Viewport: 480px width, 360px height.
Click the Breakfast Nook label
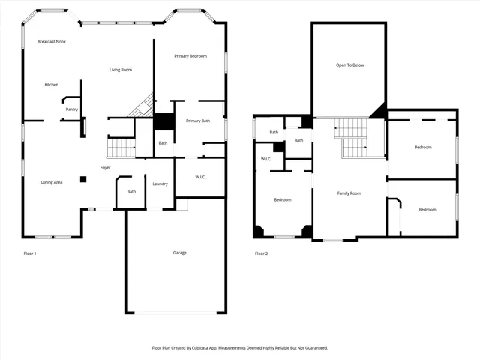point(52,42)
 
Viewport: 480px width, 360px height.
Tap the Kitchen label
point(51,85)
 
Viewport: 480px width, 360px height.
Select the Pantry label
point(71,109)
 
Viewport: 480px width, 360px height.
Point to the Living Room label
point(121,70)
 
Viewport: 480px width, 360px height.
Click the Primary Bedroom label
point(190,56)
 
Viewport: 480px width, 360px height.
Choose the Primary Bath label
point(198,121)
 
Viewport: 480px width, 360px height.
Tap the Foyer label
point(106,167)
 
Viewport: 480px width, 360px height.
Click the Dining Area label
point(52,182)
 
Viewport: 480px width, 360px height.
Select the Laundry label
point(160,184)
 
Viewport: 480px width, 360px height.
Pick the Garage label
point(179,253)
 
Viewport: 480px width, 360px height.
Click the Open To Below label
point(349,65)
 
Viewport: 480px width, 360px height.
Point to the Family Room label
point(349,193)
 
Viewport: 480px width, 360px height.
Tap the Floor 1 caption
point(30,253)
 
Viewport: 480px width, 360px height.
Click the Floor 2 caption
point(261,253)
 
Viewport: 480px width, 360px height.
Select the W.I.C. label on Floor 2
point(266,159)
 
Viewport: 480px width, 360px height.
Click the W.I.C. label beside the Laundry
point(200,178)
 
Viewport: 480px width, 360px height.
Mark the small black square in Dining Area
point(83,179)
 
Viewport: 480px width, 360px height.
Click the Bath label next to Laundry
point(131,192)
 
